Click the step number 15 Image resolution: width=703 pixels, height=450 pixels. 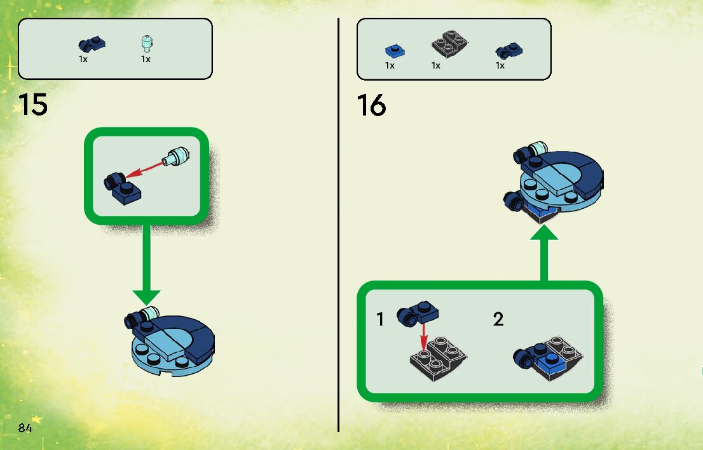click(x=33, y=105)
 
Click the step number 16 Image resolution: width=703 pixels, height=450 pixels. click(x=371, y=105)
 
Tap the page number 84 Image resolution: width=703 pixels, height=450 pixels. click(x=25, y=428)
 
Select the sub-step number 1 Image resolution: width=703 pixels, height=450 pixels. click(x=380, y=319)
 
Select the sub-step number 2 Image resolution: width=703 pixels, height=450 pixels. click(x=498, y=319)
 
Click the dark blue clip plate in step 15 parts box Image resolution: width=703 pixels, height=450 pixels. click(x=92, y=44)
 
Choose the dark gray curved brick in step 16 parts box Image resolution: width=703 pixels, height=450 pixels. click(x=449, y=45)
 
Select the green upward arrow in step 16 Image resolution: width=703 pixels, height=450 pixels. click(x=543, y=254)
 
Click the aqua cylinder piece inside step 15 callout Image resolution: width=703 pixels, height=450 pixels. click(x=177, y=155)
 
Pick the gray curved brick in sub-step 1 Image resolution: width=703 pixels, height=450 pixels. click(x=438, y=359)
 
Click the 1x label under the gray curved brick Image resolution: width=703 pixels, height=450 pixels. click(x=436, y=65)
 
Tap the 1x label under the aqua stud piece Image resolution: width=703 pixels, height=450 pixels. click(x=146, y=59)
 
